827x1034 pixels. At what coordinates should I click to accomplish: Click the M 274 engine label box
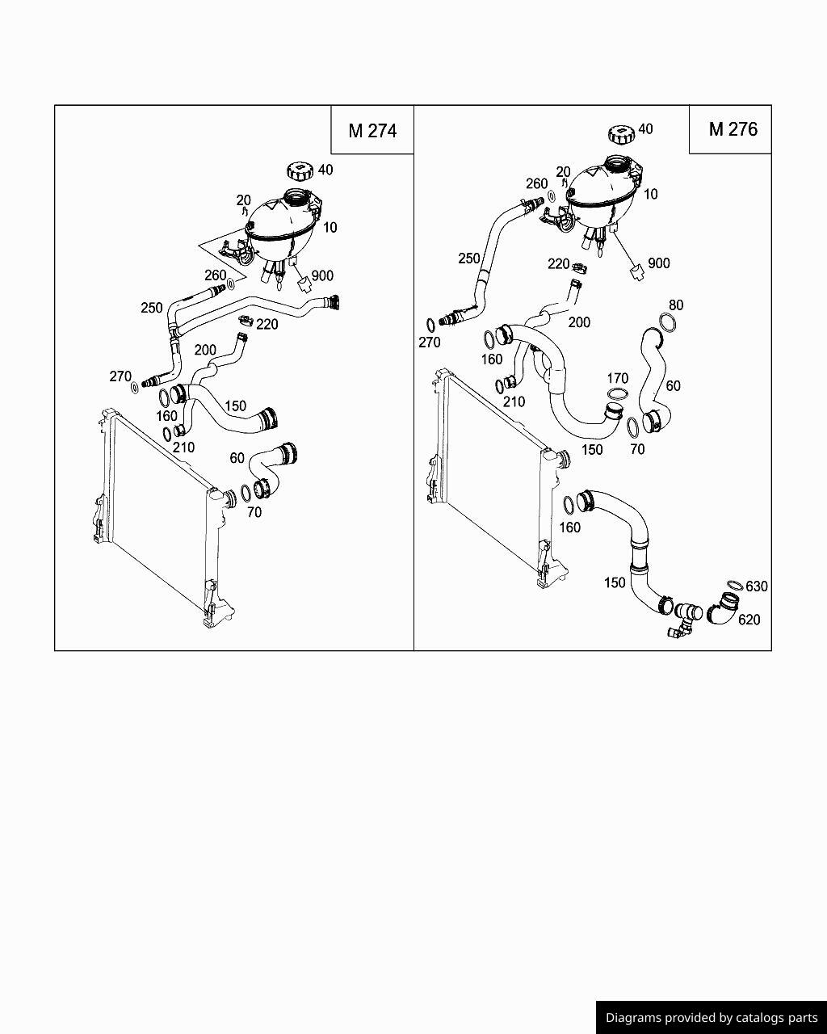[x=372, y=130]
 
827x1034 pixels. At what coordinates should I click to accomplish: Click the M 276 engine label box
[x=733, y=129]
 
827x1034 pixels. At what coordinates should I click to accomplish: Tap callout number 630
[x=756, y=586]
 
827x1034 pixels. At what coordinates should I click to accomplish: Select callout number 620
[x=749, y=620]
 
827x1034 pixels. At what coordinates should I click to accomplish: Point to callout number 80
[x=676, y=305]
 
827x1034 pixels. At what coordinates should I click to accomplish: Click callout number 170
[x=617, y=378]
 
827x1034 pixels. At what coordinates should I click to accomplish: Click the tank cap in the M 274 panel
[x=298, y=171]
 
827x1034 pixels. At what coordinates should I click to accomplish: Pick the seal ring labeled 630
[x=734, y=585]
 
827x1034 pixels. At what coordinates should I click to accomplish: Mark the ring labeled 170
[x=617, y=393]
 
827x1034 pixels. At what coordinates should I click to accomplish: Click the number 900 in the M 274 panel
[x=321, y=275]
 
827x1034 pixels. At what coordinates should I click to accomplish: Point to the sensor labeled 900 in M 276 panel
[x=636, y=272]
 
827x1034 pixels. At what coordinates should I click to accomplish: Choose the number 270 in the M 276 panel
[x=430, y=343]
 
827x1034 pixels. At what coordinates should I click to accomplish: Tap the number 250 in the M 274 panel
[x=151, y=308]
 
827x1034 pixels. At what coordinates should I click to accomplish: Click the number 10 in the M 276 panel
[x=650, y=194]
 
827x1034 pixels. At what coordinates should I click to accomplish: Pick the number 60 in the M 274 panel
[x=237, y=458]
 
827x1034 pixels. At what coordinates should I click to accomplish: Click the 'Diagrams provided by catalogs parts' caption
[x=711, y=1018]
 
